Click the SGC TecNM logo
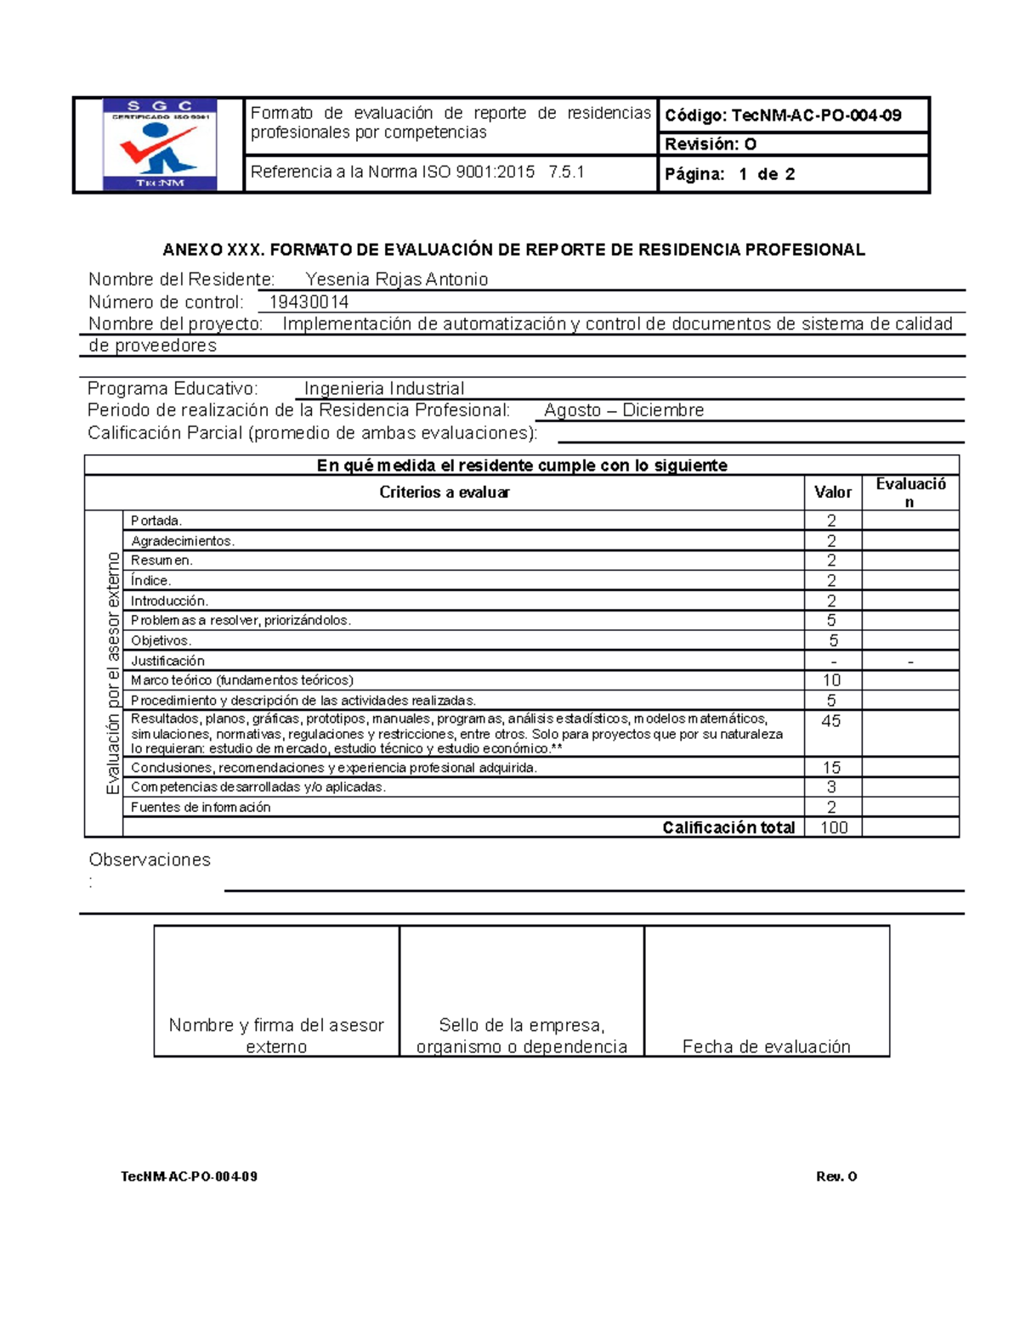point(160,144)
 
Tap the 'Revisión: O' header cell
point(711,144)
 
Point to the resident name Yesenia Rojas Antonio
point(396,279)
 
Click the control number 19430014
point(309,302)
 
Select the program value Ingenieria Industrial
point(384,389)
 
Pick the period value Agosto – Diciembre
point(624,410)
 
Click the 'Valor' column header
point(832,493)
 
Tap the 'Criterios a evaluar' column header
point(445,493)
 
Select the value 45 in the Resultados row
point(831,721)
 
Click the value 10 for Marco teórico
point(831,680)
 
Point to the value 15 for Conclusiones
point(831,768)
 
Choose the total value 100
point(833,828)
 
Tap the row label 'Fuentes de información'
point(201,808)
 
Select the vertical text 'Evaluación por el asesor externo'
point(112,673)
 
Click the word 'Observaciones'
point(150,860)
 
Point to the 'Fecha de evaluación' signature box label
point(766,1046)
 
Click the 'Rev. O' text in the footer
point(836,1176)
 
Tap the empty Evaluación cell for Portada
point(910,521)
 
